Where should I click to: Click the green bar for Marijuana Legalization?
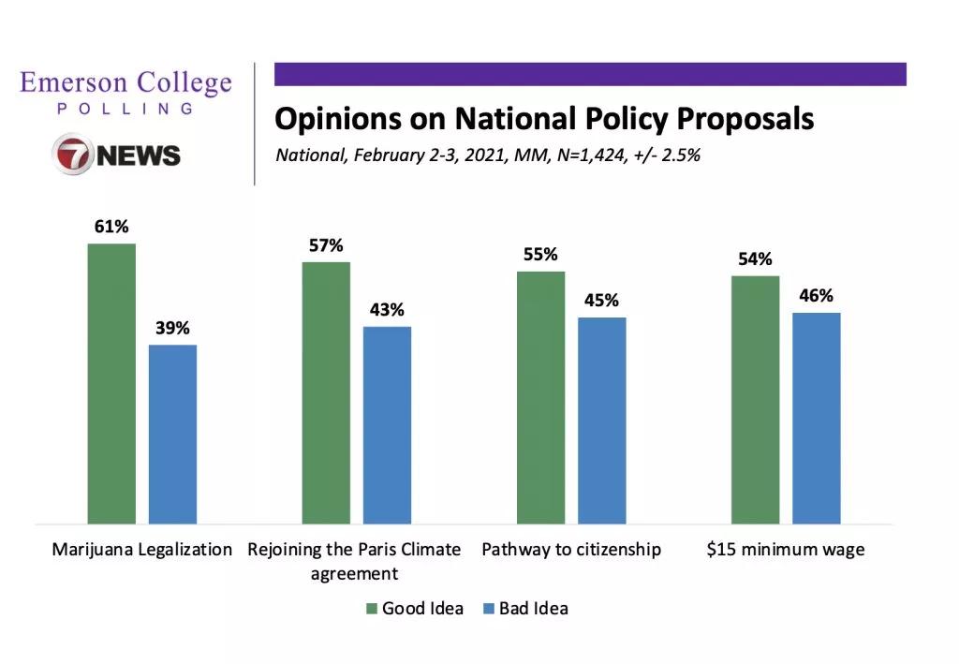111,383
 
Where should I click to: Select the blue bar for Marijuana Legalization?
173,434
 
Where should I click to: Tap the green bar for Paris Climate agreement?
326,392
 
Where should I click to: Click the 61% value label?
111,228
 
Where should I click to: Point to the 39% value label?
172,329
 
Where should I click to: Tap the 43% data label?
387,310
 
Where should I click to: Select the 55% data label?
540,255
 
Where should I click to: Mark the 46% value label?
816,296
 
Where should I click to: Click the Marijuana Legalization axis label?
141,550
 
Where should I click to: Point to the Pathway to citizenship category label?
571,550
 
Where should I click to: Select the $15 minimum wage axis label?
785,550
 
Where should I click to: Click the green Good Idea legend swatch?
371,609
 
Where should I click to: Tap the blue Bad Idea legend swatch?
487,609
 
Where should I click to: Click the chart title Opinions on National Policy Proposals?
544,120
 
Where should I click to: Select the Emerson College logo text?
125,84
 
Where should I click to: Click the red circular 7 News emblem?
72,155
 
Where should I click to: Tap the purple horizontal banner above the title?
590,74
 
